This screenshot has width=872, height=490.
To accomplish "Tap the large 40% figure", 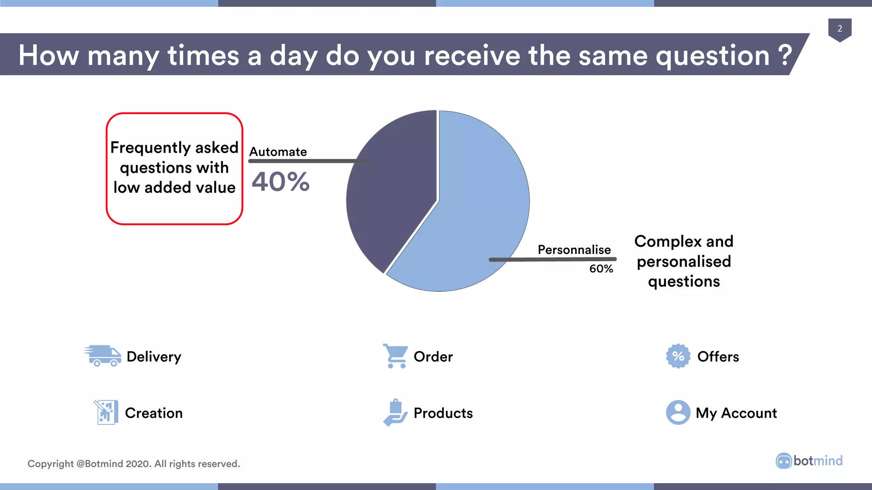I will click(281, 182).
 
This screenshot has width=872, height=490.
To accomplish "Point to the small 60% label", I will click(601, 269).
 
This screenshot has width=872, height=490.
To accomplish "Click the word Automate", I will click(278, 152).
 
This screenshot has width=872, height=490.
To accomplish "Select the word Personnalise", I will click(574, 250).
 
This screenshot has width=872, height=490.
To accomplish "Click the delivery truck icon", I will click(103, 356).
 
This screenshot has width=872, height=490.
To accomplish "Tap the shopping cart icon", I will click(396, 356).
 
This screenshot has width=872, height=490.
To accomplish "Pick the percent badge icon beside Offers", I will click(678, 356).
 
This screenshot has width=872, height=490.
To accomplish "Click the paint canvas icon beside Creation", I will click(106, 412).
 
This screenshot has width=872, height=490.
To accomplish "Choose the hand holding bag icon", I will click(395, 412).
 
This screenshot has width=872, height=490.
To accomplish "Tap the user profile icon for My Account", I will click(678, 412).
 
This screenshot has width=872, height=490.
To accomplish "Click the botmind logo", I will click(809, 461).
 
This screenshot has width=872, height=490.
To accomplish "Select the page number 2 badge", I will click(840, 29).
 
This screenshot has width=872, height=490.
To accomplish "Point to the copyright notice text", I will click(134, 464).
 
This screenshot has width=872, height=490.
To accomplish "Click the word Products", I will click(443, 413).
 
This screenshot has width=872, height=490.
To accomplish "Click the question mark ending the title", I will click(785, 55).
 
